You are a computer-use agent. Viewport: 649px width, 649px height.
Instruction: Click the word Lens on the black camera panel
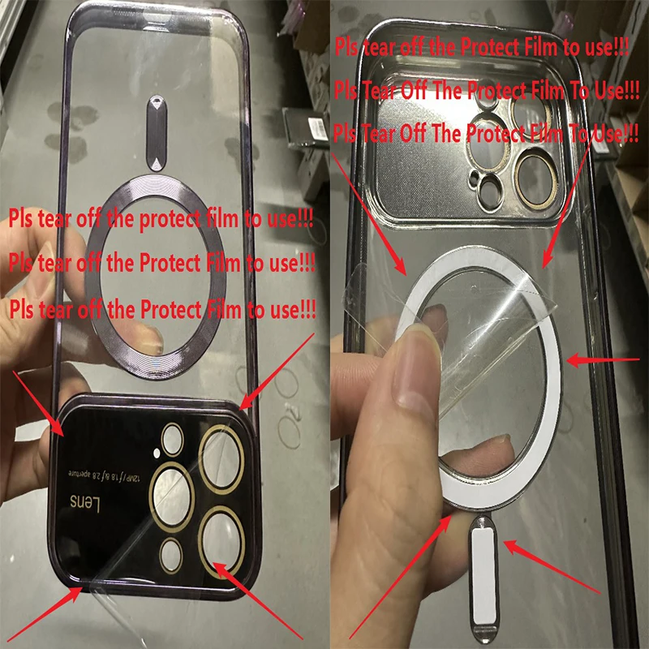(x=85, y=502)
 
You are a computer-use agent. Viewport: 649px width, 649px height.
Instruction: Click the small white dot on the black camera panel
(x=157, y=453)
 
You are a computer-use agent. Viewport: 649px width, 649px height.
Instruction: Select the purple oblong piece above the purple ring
(x=157, y=133)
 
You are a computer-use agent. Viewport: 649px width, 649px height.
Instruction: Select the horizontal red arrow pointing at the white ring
(x=603, y=360)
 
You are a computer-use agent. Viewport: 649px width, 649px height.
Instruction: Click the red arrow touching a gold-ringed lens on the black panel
(x=257, y=601)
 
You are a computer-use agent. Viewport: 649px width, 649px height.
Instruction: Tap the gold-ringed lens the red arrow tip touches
(x=221, y=541)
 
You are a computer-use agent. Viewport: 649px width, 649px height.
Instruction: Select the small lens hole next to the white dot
(x=172, y=440)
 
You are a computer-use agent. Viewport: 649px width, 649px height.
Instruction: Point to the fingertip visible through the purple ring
(x=148, y=336)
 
